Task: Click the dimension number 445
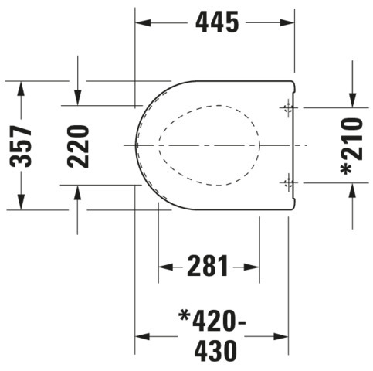pos(217,22)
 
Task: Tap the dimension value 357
pos(21,146)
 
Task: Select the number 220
pos(78,146)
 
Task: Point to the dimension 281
pos(208,266)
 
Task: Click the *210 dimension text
pos(351,146)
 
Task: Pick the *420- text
pos(212,321)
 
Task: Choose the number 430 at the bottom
pos(215,351)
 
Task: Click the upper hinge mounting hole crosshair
pos(289,108)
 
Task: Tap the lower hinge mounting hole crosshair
pos(289,182)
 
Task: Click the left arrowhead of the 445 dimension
pos(143,22)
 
